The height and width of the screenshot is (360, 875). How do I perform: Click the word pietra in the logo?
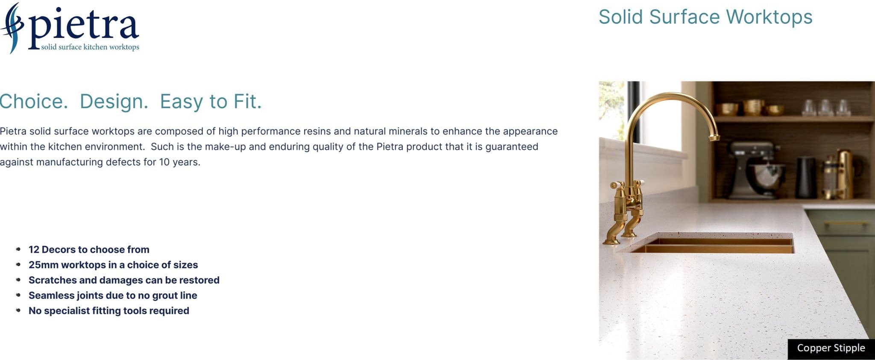tap(84, 28)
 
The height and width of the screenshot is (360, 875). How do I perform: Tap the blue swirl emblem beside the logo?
tap(12, 28)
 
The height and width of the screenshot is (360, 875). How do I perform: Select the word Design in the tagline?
tap(114, 102)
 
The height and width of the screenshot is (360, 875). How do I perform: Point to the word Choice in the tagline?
tap(34, 102)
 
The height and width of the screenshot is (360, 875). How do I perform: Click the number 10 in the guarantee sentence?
tap(164, 162)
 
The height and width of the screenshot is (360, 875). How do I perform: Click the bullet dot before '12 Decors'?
tap(18, 249)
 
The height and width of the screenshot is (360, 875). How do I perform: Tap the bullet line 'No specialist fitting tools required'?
tap(109, 311)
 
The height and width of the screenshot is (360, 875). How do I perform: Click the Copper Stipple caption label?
tap(831, 348)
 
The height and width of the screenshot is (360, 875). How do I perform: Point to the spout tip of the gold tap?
tap(714, 138)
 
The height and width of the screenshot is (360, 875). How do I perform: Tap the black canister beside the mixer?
tap(806, 177)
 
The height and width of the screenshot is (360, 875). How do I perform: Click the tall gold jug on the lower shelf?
tap(845, 174)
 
